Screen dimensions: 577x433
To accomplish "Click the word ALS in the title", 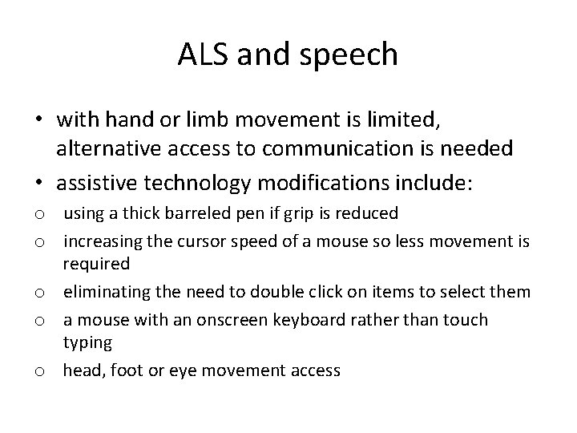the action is pos(202,55).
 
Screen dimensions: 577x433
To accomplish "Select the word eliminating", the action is pos(103,291).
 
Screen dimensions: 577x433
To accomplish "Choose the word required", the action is pos(96,262).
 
